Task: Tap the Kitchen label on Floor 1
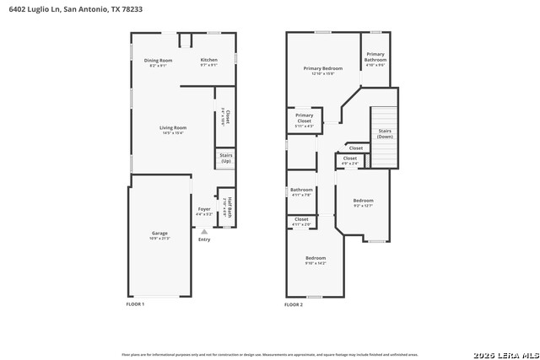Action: pyautogui.click(x=209, y=61)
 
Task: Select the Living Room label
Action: pyautogui.click(x=172, y=129)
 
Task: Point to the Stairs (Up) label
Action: pyautogui.click(x=226, y=159)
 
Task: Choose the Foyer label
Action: pyautogui.click(x=204, y=210)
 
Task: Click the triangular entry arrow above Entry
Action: pyautogui.click(x=203, y=230)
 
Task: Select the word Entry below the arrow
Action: pyautogui.click(x=204, y=239)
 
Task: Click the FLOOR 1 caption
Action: pyautogui.click(x=135, y=304)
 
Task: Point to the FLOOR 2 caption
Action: pyautogui.click(x=294, y=304)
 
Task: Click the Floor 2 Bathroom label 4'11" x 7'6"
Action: pyautogui.click(x=301, y=191)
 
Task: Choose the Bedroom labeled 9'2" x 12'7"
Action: pyautogui.click(x=362, y=202)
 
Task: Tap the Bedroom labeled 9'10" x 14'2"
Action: pyautogui.click(x=316, y=260)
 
